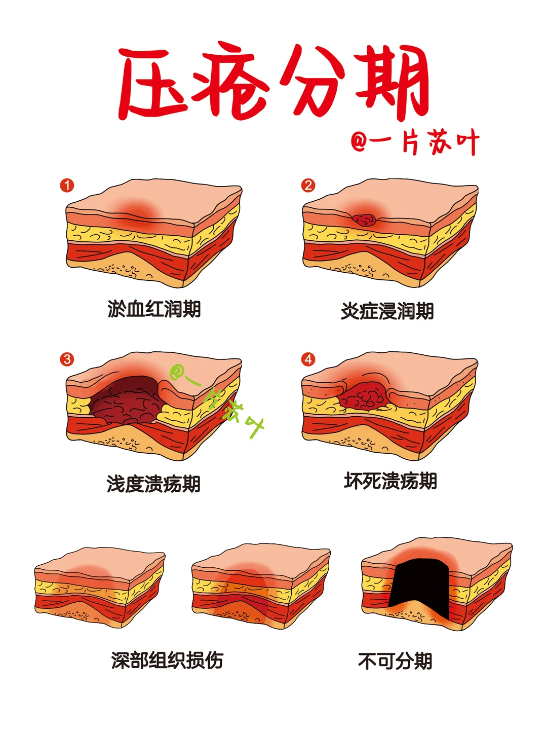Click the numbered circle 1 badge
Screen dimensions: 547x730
(x=67, y=185)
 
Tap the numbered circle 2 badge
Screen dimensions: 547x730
(x=308, y=185)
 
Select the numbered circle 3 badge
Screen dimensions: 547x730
(x=67, y=359)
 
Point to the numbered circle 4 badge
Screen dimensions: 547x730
(x=308, y=359)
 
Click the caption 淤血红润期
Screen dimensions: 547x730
(x=154, y=309)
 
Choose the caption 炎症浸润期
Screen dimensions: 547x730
(x=387, y=311)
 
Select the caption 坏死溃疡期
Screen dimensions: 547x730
(x=390, y=481)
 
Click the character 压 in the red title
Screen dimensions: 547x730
(x=153, y=83)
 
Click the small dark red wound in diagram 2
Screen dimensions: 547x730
(x=364, y=220)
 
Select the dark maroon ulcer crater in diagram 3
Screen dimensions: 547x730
(x=126, y=401)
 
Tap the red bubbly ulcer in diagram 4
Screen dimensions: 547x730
(x=364, y=396)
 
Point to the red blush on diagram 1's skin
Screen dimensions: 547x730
(x=138, y=212)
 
